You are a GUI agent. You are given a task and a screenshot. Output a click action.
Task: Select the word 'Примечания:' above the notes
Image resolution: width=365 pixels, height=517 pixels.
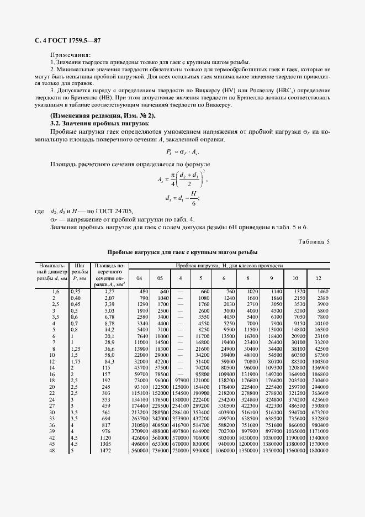pyautogui.click(x=71, y=56)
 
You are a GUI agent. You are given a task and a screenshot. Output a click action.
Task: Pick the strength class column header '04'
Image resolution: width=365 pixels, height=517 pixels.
pyautogui.click(x=139, y=278)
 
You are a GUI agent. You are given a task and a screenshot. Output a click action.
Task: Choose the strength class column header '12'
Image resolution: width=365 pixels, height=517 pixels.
pyautogui.click(x=318, y=278)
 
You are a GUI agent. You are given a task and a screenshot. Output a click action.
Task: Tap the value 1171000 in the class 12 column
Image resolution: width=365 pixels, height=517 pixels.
pyautogui.click(x=318, y=430)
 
